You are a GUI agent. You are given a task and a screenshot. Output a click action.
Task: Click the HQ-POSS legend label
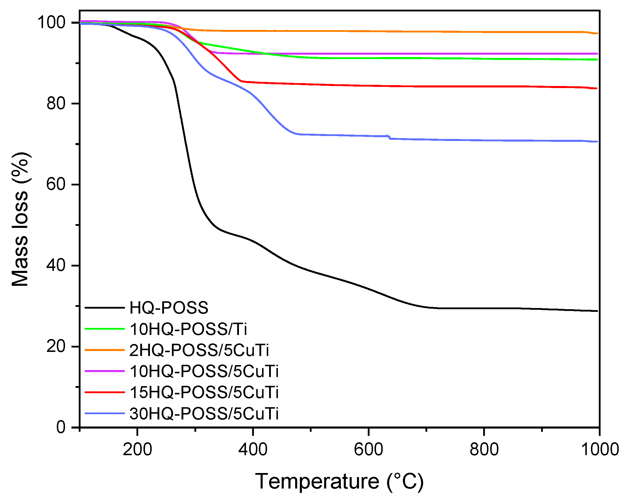[169, 308]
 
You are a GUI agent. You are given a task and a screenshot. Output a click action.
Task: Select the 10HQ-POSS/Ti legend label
[188, 329]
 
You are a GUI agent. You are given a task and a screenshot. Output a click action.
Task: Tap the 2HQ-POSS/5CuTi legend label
[199, 350]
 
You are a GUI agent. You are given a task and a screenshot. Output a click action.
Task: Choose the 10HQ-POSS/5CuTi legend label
[204, 371]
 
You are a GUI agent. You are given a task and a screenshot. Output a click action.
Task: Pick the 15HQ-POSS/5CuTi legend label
[204, 392]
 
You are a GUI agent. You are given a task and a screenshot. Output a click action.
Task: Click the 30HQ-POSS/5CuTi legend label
[204, 414]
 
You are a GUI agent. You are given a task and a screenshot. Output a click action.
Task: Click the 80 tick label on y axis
[56, 103]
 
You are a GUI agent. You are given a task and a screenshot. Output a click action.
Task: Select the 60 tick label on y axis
[56, 184]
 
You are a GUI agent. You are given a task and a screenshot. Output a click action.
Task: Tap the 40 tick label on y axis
[56, 265]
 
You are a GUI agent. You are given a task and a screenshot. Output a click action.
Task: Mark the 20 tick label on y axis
[56, 346]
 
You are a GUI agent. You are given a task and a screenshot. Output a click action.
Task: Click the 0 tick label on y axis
[61, 427]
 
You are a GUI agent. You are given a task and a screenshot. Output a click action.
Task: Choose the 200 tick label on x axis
[137, 449]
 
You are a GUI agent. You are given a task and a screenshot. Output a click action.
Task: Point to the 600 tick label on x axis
[368, 449]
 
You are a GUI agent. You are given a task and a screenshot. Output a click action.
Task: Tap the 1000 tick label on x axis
[600, 449]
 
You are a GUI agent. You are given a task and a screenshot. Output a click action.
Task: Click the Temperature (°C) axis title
[339, 481]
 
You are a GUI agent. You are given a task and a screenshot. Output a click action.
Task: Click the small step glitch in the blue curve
[389, 137]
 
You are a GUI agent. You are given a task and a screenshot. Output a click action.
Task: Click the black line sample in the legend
[105, 308]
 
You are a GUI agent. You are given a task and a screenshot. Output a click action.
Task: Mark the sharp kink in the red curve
[241, 81]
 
